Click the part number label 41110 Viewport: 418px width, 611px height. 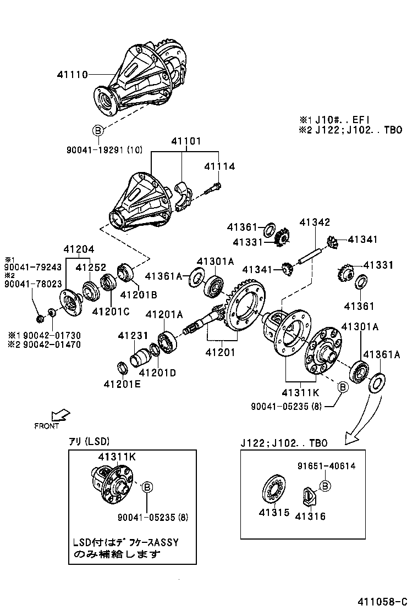[x=72, y=75]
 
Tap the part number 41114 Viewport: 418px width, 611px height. [x=219, y=166]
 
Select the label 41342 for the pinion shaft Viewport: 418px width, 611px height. [x=315, y=223]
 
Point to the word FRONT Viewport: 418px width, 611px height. [x=46, y=426]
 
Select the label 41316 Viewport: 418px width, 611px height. [x=310, y=516]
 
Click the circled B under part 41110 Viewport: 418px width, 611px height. [x=97, y=130]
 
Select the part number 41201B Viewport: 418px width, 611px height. [x=138, y=294]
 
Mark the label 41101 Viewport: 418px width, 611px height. [x=184, y=141]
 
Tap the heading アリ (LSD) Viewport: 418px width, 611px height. [x=89, y=441]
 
